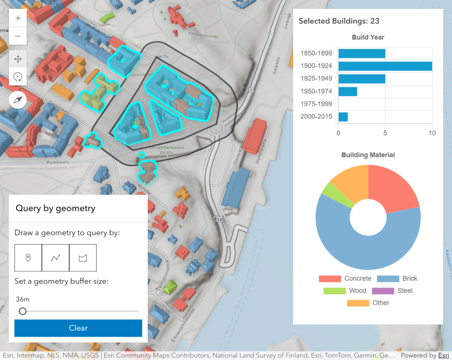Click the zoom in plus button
click(x=18, y=18)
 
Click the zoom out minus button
click(x=18, y=37)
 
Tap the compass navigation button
click(x=18, y=100)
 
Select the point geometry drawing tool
click(x=28, y=257)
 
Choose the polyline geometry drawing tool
click(x=56, y=257)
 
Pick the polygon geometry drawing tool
click(x=83, y=257)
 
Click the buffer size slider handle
click(x=23, y=311)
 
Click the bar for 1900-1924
click(x=385, y=66)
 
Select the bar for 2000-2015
click(x=343, y=117)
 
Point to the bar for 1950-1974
click(x=348, y=92)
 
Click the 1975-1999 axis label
click(x=316, y=104)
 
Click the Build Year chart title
click(x=368, y=38)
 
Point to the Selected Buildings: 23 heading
click(x=339, y=21)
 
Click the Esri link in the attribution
click(x=443, y=356)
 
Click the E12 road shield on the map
click(x=220, y=220)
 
